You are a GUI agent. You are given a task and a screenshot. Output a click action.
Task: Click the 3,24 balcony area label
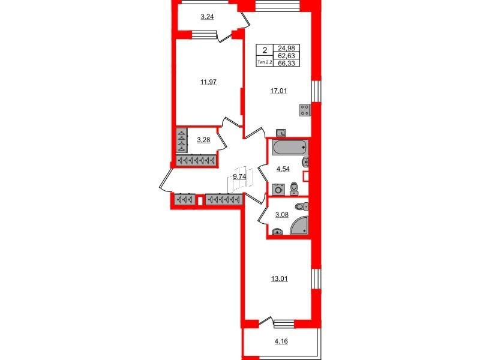click(x=207, y=17)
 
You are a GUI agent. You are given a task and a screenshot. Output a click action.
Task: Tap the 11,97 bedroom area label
click(x=208, y=82)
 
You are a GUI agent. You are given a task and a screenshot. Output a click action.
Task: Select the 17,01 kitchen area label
click(x=278, y=91)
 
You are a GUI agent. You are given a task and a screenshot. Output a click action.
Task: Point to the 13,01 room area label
click(x=280, y=279)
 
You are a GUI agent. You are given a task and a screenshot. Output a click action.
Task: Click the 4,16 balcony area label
click(x=281, y=341)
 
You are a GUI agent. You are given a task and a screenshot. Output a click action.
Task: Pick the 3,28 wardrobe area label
click(x=203, y=140)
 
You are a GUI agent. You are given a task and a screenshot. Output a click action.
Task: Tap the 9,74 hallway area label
click(x=239, y=176)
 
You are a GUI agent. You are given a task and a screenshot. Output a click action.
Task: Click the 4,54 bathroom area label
click(x=283, y=169)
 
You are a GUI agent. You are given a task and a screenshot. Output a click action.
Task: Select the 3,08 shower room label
click(x=281, y=215)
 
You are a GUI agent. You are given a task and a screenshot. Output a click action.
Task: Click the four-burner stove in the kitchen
click(x=305, y=110)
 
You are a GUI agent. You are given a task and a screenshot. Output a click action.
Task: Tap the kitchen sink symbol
click(x=281, y=133)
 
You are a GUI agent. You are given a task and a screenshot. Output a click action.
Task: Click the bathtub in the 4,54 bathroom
click(x=289, y=148)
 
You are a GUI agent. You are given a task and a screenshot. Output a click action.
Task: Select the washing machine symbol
click(x=278, y=190)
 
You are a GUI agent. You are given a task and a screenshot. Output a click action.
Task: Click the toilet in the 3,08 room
click(x=302, y=206)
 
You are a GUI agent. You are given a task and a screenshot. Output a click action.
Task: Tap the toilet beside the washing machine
click(x=294, y=188)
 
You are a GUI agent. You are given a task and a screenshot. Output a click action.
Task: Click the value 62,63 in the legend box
click(x=286, y=56)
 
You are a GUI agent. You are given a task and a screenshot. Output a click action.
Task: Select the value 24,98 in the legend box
click(x=286, y=49)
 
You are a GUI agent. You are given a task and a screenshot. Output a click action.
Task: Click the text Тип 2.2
click(x=265, y=62)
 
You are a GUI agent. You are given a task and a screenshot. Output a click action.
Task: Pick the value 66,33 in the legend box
click(x=286, y=64)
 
